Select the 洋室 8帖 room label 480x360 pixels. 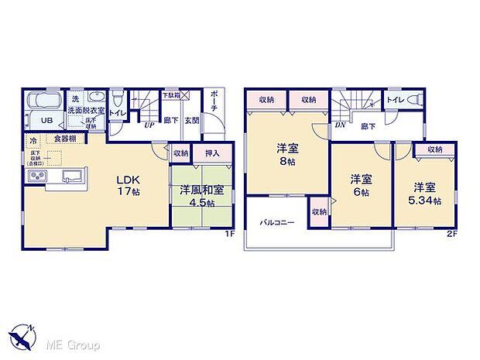point(287,154)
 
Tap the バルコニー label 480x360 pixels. point(276,223)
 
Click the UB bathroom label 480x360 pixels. point(46,120)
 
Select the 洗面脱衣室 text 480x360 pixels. point(81,111)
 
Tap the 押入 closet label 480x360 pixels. point(212,153)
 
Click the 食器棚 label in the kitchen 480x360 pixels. point(65,139)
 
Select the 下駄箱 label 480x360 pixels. point(171,95)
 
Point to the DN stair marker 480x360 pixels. point(340,125)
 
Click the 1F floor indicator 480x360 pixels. point(229,234)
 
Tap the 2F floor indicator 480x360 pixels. point(449,234)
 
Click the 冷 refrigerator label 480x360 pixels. point(33,140)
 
